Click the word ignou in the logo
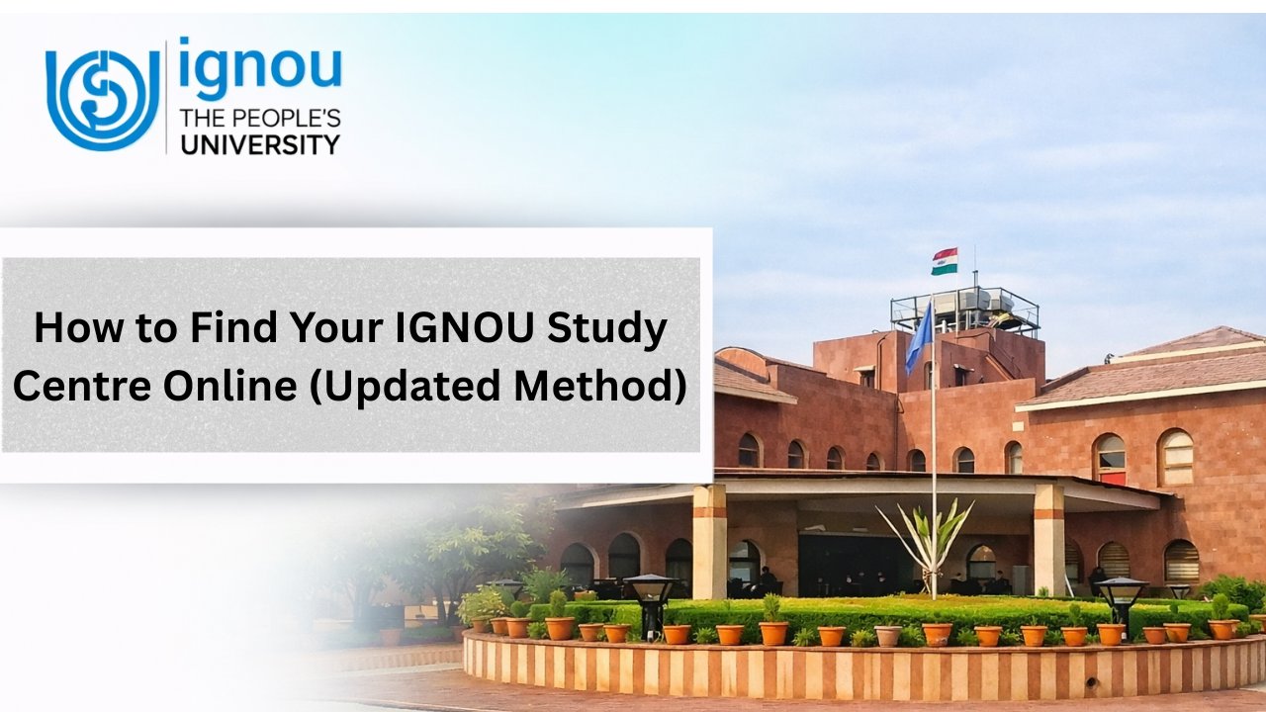click(260, 70)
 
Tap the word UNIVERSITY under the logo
click(258, 145)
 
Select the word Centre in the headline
click(79, 386)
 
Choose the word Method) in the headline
click(601, 386)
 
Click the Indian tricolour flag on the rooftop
click(944, 261)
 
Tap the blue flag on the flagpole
click(919, 337)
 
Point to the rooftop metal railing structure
click(964, 310)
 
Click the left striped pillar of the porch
click(709, 541)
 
